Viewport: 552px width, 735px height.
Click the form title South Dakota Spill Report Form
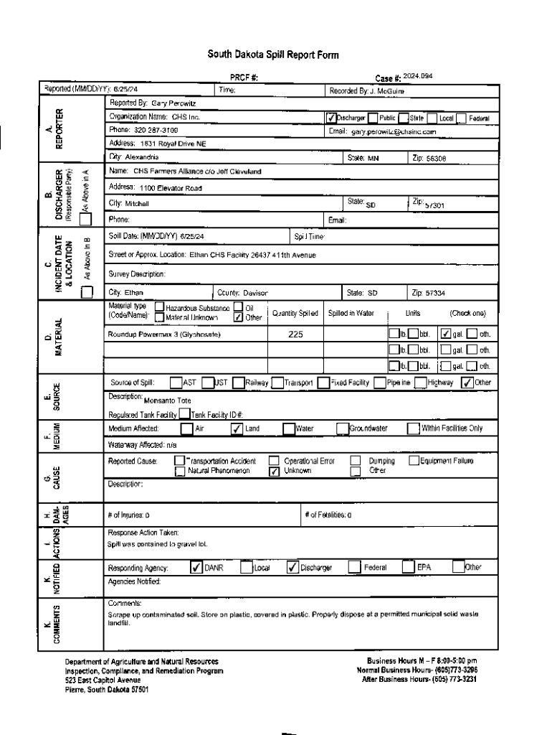[273, 55]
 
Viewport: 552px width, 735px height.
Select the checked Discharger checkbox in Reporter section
[330, 118]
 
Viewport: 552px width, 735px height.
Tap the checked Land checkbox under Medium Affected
[236, 429]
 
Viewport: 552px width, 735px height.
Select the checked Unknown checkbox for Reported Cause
[273, 472]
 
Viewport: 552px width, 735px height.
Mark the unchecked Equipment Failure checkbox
[414, 460]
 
